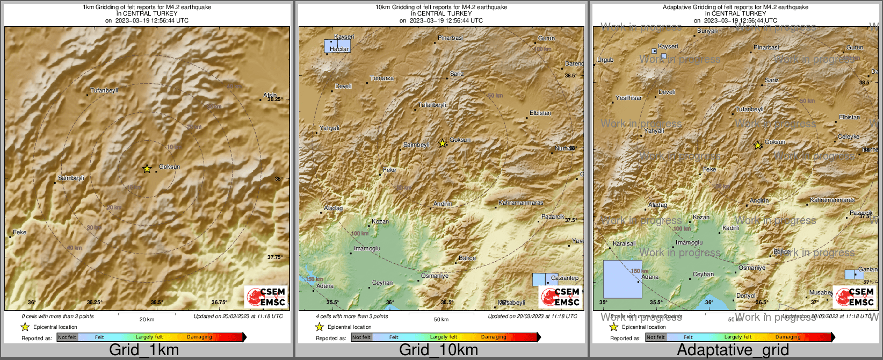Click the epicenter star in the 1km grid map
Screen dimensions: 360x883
[x=147, y=169]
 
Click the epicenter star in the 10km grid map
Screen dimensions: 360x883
[x=442, y=143]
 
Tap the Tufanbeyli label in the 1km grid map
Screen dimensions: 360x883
[x=104, y=91]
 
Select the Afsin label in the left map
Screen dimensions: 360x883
[x=270, y=96]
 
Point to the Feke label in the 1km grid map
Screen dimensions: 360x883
[x=20, y=233]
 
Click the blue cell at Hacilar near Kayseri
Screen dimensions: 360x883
[x=337, y=46]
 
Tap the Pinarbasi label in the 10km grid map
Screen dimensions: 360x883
[x=450, y=38]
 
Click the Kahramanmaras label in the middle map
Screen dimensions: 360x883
[x=520, y=203]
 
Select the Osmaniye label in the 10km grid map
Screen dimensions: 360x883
[x=435, y=276]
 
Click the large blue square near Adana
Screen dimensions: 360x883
[x=623, y=279]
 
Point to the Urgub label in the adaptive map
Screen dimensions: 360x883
[x=605, y=60]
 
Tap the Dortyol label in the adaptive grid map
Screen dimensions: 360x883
[x=746, y=296]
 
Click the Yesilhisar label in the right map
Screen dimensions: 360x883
[x=628, y=98]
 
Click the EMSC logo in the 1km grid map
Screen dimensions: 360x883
[x=266, y=297]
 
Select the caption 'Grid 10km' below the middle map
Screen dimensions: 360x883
[x=438, y=350]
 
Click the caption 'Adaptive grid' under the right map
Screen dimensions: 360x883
[x=733, y=350]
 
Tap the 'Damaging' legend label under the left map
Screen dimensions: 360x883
[x=199, y=337]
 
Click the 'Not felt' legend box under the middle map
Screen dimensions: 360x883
[x=361, y=337]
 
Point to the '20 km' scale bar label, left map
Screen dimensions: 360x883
[x=147, y=319]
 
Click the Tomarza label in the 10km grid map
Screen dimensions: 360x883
[x=382, y=78]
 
